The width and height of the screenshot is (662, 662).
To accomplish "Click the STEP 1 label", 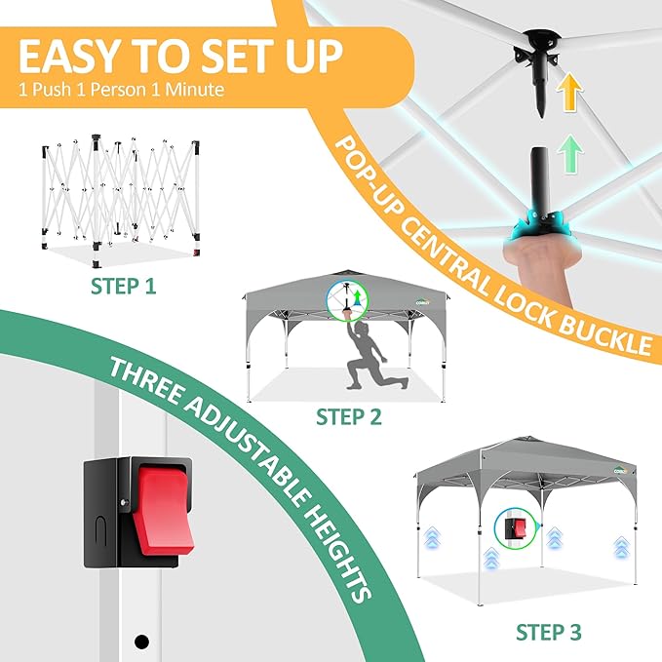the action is pos(123,287).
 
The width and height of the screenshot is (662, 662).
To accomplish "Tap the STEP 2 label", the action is pos(349,416).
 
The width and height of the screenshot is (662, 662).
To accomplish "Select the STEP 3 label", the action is pos(549,633).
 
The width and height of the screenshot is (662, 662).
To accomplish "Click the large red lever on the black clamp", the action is pos(164,510).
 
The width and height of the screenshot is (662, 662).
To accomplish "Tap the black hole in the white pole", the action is pos(141,642).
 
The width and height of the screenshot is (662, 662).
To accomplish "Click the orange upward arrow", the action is pos(569,92).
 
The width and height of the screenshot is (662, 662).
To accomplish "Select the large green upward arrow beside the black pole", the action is pos(569,153).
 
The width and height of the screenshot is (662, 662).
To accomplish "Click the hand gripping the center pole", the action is pos(536,264).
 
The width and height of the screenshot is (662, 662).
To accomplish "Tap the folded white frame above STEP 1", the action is pos(121,201).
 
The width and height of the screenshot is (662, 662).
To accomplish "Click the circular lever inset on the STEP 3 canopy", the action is pos(515,528).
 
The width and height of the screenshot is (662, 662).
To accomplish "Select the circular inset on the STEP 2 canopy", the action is pos(347,301).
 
